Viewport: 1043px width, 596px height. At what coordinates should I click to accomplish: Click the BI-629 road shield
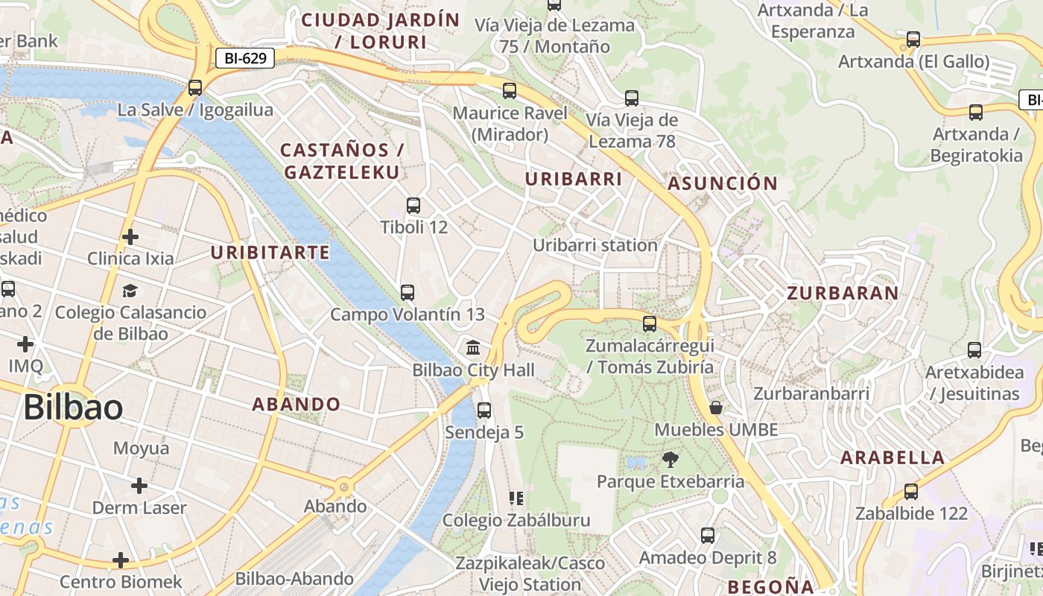pos(245,58)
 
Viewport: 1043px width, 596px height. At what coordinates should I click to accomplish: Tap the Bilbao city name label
pos(73,408)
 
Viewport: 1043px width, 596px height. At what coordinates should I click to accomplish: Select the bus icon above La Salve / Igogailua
pos(195,88)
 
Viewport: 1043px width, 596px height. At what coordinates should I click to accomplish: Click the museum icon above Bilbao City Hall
pos(473,348)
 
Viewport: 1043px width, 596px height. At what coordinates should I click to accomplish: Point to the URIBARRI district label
pos(573,179)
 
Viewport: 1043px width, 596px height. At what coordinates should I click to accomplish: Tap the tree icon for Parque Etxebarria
pos(670,460)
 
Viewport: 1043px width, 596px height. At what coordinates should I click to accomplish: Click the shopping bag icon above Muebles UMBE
pos(716,408)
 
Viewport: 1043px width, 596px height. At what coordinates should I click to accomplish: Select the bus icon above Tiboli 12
pos(413,206)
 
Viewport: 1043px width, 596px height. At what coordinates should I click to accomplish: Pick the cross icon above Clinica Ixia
pos(130,237)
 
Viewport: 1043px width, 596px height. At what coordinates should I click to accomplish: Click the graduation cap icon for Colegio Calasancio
pos(130,291)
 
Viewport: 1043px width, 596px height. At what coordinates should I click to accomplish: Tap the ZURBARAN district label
pos(843,293)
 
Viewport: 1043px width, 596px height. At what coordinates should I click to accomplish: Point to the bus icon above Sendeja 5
pos(484,410)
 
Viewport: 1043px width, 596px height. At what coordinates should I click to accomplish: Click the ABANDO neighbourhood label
pos(296,405)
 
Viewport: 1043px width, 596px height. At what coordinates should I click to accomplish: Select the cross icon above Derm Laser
pos(139,486)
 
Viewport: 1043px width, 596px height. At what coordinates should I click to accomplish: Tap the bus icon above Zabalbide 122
pos(911,492)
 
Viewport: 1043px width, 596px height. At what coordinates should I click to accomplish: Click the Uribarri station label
pos(595,245)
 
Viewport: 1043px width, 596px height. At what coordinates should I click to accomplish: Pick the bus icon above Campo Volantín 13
pos(408,293)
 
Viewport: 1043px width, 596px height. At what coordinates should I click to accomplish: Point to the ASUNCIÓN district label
pos(722,183)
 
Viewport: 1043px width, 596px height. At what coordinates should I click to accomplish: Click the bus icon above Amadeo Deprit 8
pos(708,536)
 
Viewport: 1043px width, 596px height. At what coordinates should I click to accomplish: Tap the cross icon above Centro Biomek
pos(121,560)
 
